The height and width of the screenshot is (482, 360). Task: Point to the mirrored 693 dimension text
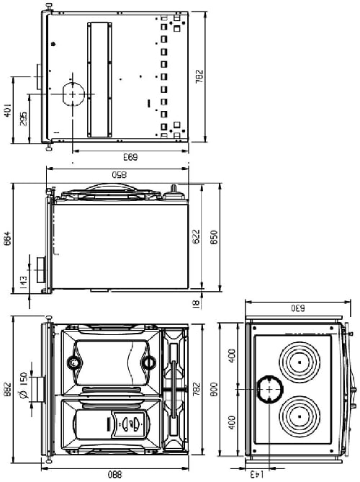click(x=130, y=156)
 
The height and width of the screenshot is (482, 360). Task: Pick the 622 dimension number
click(x=197, y=238)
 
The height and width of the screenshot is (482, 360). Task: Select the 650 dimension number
click(x=213, y=238)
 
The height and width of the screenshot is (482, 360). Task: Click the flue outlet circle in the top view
click(x=72, y=94)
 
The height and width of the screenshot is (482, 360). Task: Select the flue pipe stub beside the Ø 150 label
click(x=40, y=388)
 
